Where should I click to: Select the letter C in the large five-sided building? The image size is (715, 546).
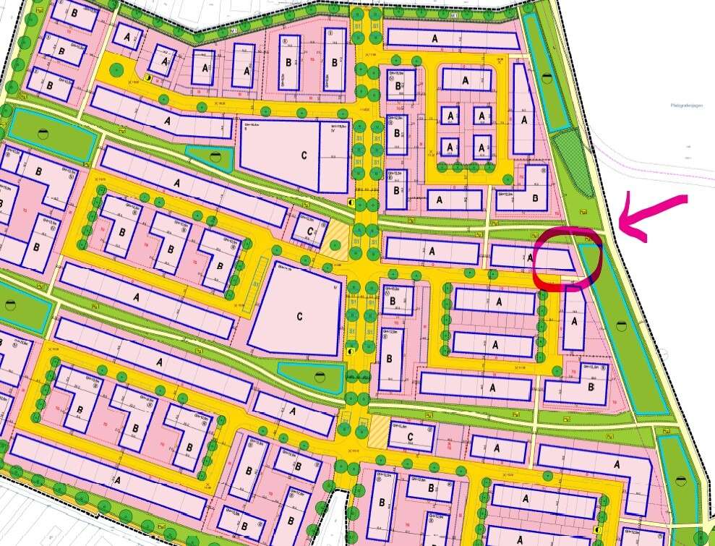click(298, 315)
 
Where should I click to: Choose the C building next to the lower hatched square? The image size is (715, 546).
click(410, 436)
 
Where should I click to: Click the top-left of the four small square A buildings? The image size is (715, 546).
click(450, 116)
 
